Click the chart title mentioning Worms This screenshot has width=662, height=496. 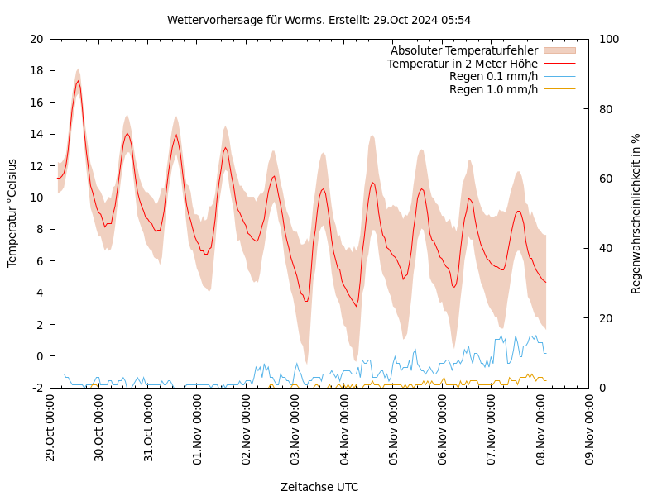click(319, 20)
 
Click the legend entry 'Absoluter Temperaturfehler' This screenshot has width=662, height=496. click(463, 50)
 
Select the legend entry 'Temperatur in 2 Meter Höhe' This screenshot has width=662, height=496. click(462, 64)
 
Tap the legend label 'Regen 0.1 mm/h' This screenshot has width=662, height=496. click(493, 77)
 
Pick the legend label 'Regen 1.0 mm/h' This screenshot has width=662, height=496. click(493, 89)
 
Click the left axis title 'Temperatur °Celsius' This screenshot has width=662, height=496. click(12, 212)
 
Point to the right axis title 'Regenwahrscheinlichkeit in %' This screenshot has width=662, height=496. click(636, 213)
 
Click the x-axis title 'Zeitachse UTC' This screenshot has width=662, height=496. click(319, 487)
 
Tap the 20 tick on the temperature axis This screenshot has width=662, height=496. click(36, 39)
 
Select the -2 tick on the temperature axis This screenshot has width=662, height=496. click(37, 388)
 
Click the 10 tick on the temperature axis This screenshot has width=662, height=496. click(36, 198)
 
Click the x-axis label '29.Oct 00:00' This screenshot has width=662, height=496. click(50, 428)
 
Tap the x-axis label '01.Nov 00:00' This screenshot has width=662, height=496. click(198, 428)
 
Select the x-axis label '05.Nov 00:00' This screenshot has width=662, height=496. click(394, 428)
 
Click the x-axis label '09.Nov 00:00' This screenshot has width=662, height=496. click(590, 428)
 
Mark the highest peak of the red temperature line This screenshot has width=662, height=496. click(78, 80)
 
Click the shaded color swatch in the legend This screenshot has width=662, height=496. click(559, 50)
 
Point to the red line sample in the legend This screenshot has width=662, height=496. click(559, 64)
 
